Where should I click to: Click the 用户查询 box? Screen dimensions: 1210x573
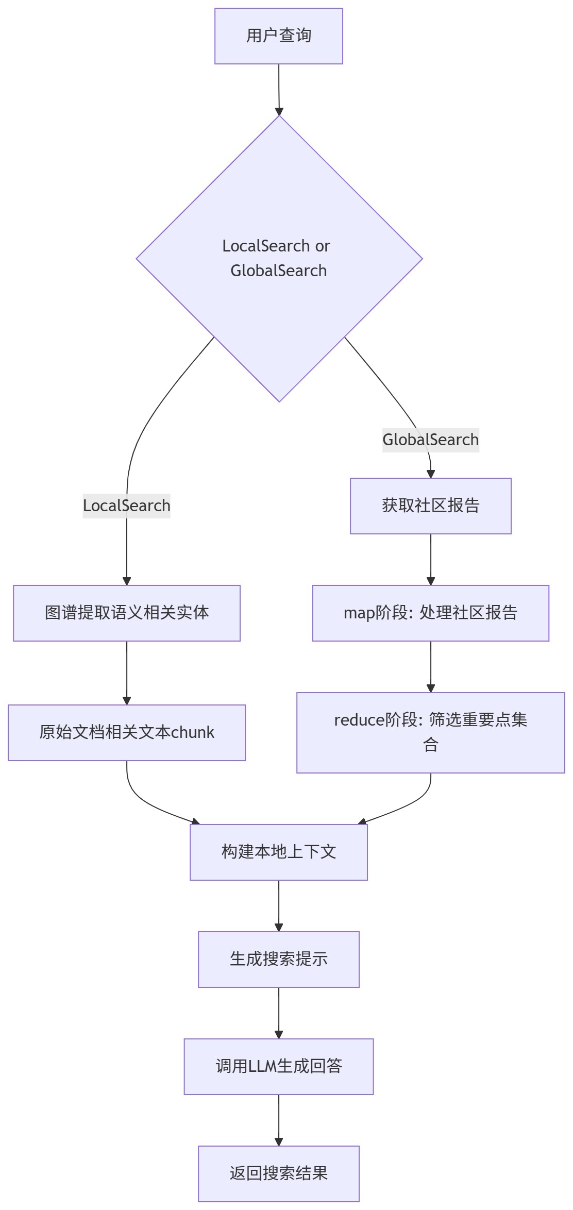click(x=279, y=36)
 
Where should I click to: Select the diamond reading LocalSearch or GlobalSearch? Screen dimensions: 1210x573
click(x=279, y=258)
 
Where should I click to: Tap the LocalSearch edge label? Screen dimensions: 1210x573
click(x=127, y=506)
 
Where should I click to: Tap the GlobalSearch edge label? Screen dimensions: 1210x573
click(x=431, y=440)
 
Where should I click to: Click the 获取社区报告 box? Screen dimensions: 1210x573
click(x=431, y=506)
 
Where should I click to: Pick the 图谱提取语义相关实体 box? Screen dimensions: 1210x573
click(x=127, y=613)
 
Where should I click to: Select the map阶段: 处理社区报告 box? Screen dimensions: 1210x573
click(x=431, y=613)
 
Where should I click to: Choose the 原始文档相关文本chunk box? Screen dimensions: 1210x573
click(x=127, y=732)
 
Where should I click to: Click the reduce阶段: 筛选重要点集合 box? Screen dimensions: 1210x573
click(x=431, y=732)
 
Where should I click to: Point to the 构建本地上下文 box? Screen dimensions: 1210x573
click(x=279, y=852)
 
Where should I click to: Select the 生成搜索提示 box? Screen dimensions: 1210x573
click(x=279, y=959)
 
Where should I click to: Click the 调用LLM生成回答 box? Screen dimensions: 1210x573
click(x=279, y=1066)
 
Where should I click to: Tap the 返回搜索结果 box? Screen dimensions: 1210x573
click(x=279, y=1173)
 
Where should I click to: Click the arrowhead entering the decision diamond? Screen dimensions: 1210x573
click(x=279, y=112)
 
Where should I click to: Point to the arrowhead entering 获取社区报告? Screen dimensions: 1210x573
click(x=431, y=474)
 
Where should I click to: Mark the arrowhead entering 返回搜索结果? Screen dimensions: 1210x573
click(x=279, y=1142)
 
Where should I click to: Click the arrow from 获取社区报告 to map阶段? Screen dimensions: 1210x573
click(x=431, y=559)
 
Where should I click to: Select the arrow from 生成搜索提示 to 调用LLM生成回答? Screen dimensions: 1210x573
click(x=279, y=1013)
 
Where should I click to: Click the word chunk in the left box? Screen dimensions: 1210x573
click(x=192, y=732)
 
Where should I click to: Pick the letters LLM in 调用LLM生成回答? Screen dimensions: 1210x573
click(x=263, y=1066)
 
